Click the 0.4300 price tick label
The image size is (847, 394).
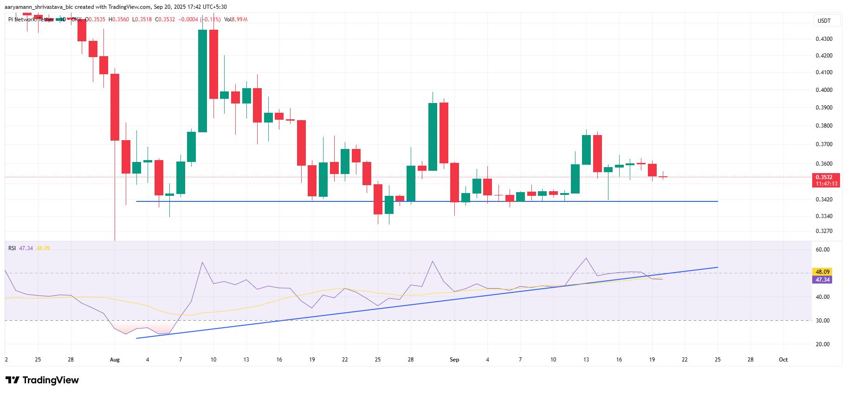click(x=824, y=39)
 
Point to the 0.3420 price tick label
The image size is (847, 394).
click(x=824, y=200)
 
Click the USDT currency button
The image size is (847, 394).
click(x=824, y=21)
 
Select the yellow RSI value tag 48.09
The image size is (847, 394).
click(x=822, y=272)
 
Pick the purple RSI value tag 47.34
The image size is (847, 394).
click(x=822, y=280)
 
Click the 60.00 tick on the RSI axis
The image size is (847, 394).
click(x=822, y=250)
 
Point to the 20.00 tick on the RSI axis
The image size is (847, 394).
click(x=822, y=344)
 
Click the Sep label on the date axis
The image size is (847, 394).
click(x=454, y=360)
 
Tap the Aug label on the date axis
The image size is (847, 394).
click(x=115, y=360)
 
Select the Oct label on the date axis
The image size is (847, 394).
click(x=783, y=360)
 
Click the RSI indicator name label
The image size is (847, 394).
click(x=12, y=248)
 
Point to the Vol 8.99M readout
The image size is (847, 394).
click(x=236, y=19)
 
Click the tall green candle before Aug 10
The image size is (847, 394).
click(x=203, y=81)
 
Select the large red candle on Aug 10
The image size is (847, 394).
click(x=213, y=64)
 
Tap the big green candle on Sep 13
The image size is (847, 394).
click(x=586, y=149)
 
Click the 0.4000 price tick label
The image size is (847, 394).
click(x=824, y=90)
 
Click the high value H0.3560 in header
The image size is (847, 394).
click(x=119, y=19)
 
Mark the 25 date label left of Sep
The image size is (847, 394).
click(x=378, y=360)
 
